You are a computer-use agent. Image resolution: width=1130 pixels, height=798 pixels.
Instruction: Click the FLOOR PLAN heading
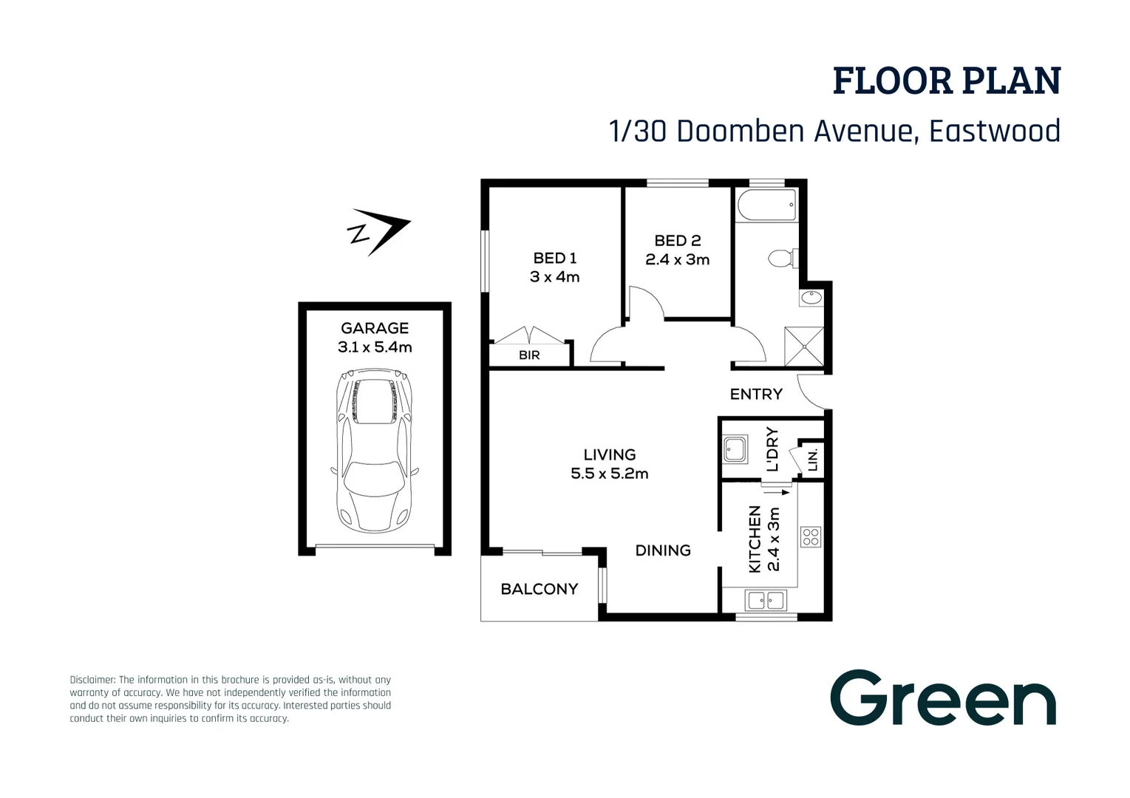click(947, 81)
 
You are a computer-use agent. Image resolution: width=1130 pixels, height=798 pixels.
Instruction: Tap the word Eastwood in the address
click(995, 131)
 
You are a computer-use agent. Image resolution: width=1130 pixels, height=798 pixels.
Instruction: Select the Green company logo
click(943, 698)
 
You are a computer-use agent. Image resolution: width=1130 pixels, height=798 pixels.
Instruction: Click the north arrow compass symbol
click(378, 231)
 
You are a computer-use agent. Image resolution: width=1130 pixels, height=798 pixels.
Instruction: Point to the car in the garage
click(375, 450)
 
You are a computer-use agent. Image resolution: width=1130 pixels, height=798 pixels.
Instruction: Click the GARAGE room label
click(375, 328)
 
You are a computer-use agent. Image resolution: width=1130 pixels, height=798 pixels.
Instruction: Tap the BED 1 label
click(555, 258)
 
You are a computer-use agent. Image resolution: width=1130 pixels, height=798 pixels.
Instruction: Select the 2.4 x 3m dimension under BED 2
click(678, 260)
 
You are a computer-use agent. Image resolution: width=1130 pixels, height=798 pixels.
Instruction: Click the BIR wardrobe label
click(529, 355)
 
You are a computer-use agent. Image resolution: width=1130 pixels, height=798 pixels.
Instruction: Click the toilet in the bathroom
click(783, 258)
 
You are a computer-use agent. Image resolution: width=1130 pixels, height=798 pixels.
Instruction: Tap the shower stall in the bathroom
click(803, 346)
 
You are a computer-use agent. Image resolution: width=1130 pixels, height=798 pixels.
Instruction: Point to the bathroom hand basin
click(811, 298)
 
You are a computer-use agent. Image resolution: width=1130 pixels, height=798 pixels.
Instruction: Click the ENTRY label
click(756, 395)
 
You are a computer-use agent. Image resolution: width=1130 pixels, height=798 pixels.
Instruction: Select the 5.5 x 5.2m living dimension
click(610, 474)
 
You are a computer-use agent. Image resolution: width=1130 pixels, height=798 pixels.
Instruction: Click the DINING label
click(663, 550)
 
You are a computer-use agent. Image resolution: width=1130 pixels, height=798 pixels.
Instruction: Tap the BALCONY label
click(540, 589)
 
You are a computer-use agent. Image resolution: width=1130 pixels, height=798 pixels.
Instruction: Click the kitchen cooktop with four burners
click(811, 536)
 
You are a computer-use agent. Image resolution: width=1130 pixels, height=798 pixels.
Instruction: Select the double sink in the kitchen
click(766, 600)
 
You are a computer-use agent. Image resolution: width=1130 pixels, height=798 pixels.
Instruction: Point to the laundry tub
click(735, 449)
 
